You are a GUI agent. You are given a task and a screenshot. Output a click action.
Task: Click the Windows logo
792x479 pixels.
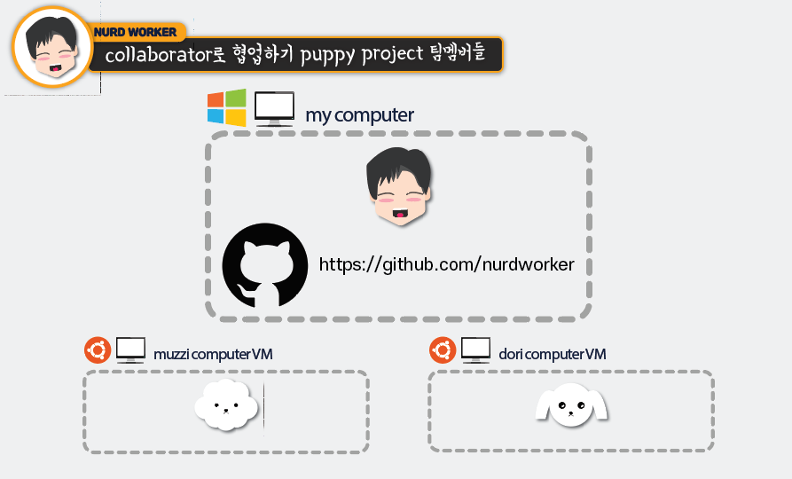tap(226, 107)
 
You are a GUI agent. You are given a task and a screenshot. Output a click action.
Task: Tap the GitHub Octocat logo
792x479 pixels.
tap(265, 266)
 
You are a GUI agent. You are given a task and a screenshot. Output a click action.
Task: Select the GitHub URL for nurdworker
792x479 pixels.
tap(446, 264)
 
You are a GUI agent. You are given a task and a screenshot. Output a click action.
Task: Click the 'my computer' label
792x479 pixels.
tap(359, 115)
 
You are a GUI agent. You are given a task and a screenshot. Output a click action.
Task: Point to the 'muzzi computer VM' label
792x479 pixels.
tap(213, 354)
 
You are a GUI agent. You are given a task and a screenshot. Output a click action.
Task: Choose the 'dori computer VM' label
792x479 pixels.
tap(553, 354)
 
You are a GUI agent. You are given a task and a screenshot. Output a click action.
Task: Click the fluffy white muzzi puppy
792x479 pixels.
tap(226, 405)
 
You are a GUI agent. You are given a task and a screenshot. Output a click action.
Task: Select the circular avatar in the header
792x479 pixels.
tap(52, 47)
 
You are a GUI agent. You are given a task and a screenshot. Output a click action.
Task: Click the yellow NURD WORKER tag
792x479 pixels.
tap(136, 33)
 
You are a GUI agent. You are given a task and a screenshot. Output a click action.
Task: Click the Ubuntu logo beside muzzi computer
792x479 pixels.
tap(98, 350)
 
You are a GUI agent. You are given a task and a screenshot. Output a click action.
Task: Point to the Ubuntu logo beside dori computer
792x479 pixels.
tap(443, 350)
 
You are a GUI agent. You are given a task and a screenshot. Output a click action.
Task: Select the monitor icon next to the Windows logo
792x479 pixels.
tap(274, 109)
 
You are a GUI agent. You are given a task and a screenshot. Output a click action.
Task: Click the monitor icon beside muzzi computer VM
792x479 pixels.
tap(131, 349)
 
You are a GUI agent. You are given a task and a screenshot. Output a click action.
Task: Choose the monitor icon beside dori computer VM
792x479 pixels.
tap(476, 349)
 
